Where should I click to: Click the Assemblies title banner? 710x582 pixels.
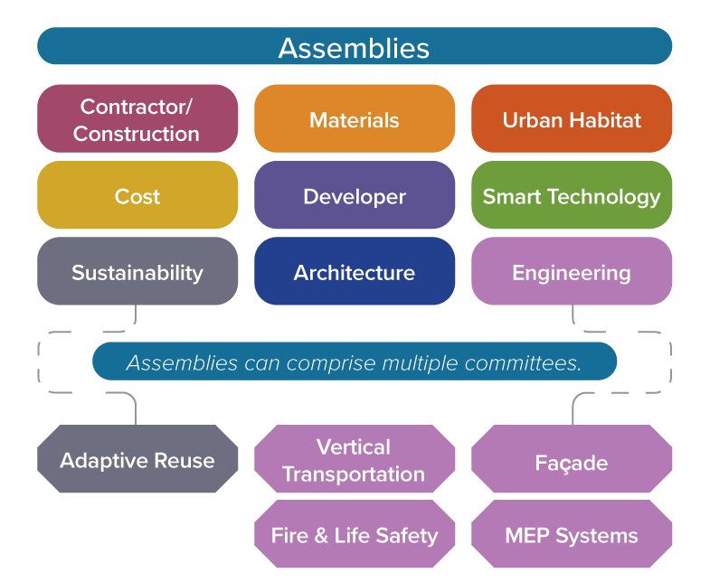click(x=354, y=46)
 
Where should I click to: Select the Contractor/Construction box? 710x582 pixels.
click(x=137, y=118)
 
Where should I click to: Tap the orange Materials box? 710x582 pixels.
click(x=354, y=118)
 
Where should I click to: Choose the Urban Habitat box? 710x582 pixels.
click(x=571, y=118)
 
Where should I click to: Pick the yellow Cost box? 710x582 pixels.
click(x=137, y=195)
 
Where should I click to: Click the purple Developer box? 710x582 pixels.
click(x=354, y=195)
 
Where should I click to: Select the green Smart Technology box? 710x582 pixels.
click(x=571, y=195)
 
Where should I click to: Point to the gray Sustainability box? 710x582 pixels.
click(x=137, y=271)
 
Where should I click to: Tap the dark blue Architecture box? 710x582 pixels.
click(x=354, y=271)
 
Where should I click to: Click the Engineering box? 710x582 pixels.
click(x=571, y=271)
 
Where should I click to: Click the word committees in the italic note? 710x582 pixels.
click(x=530, y=362)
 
